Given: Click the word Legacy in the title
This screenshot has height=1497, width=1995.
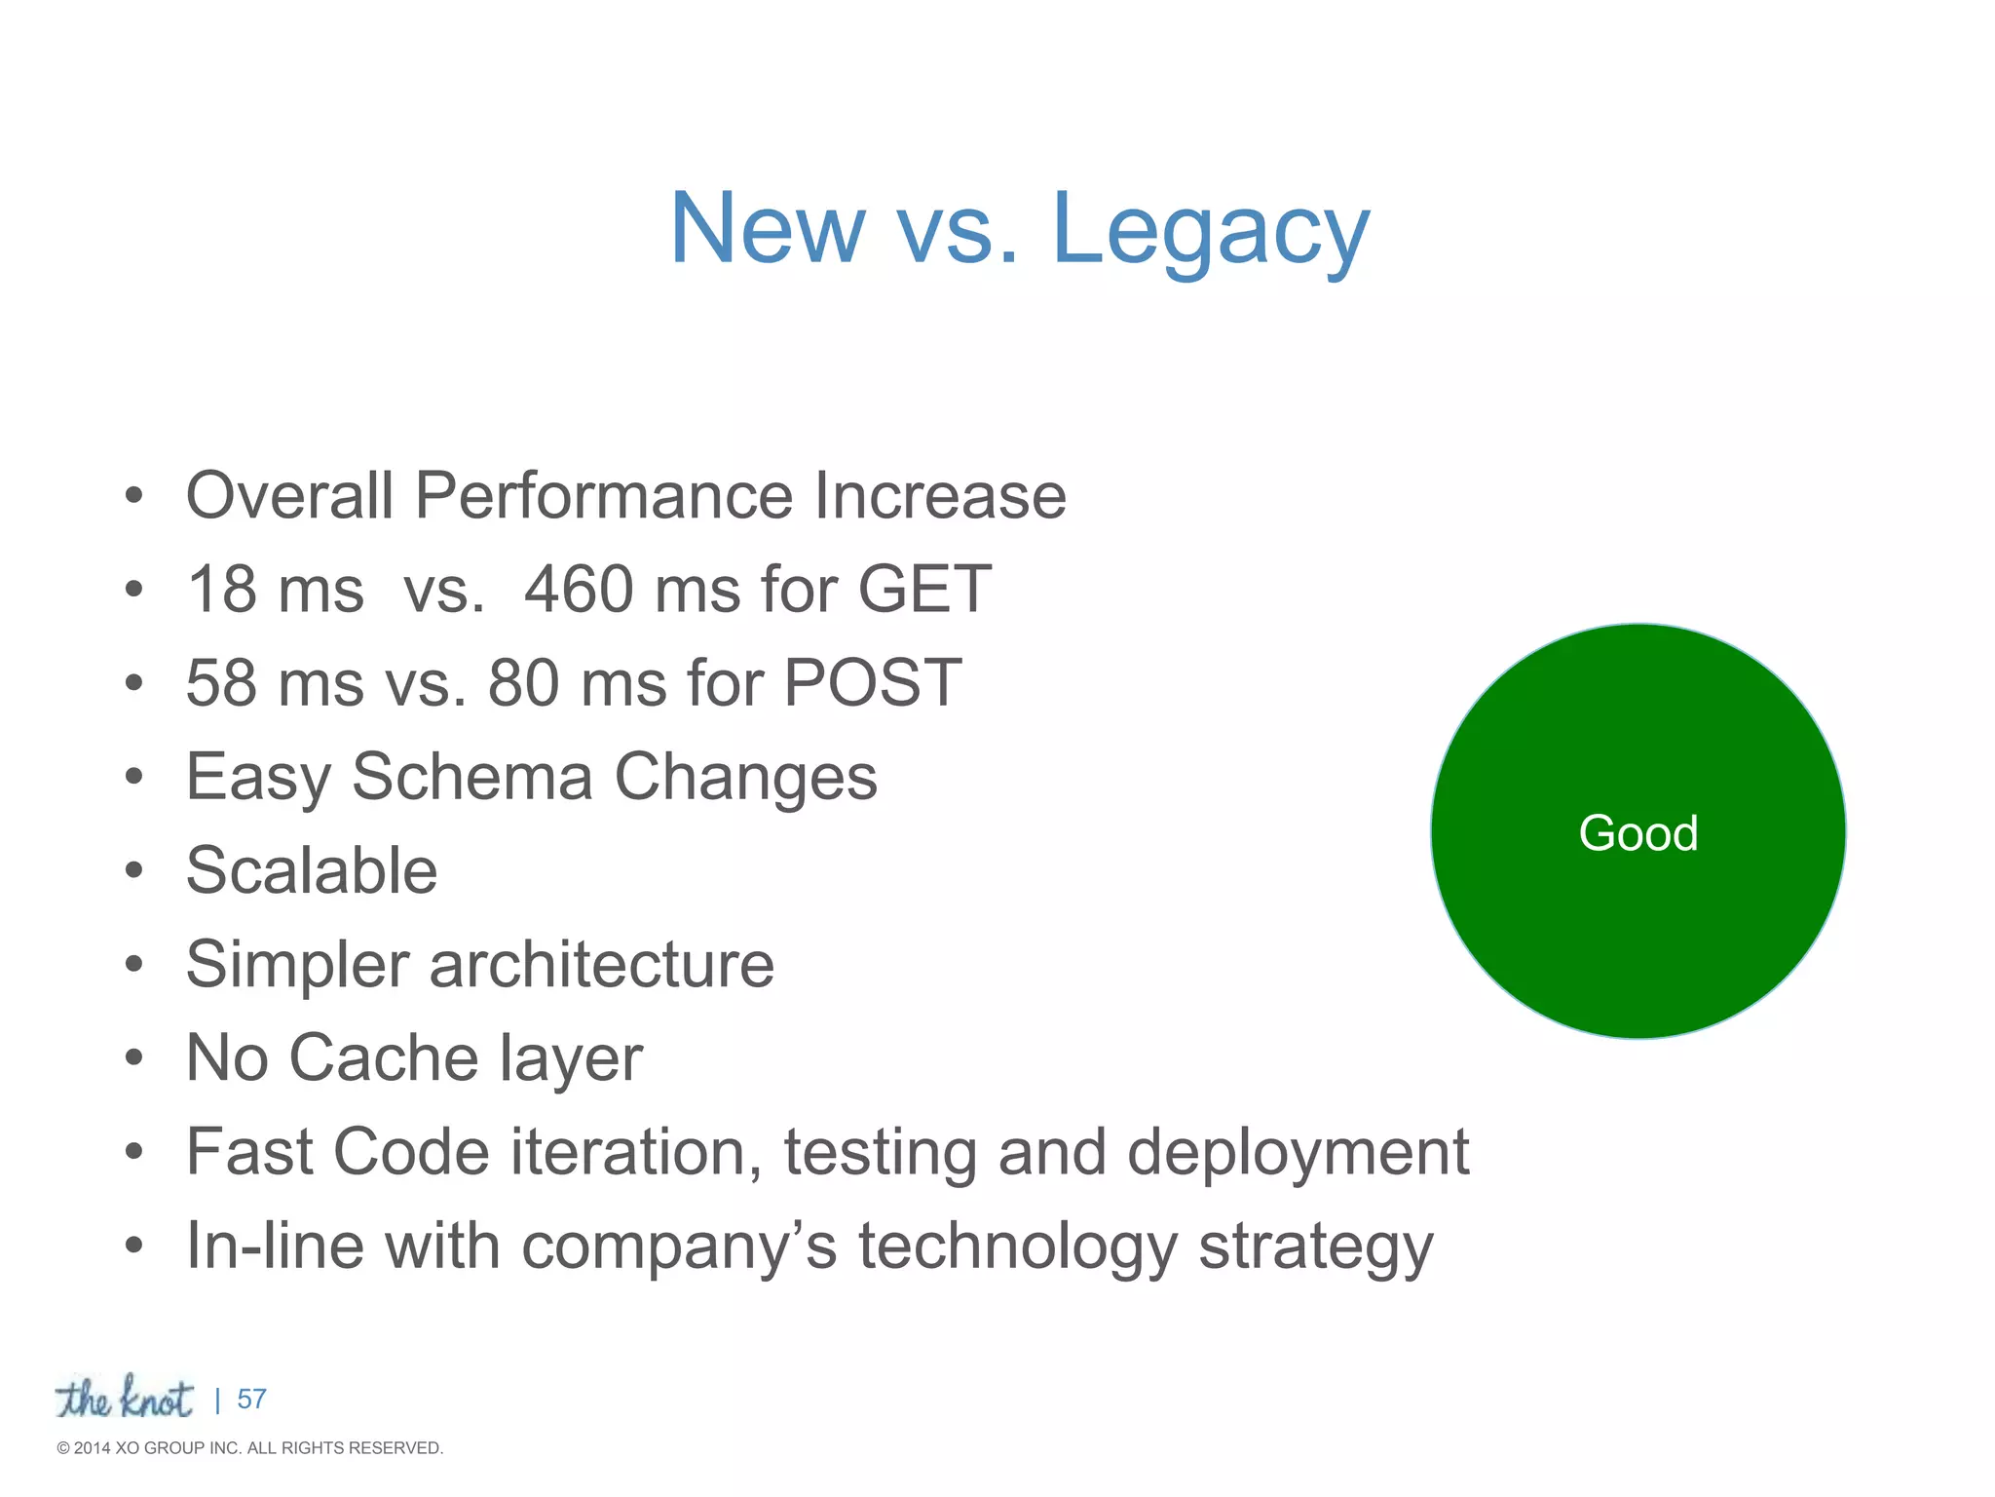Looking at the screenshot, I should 1210,230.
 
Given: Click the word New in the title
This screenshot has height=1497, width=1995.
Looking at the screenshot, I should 767,230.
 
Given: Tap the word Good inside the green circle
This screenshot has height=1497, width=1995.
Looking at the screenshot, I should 1638,833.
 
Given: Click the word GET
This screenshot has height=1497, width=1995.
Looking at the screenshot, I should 924,590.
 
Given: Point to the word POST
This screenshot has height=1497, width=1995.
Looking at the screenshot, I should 873,683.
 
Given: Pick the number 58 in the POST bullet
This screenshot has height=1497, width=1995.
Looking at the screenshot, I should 221,683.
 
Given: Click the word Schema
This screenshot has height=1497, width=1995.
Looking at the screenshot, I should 472,778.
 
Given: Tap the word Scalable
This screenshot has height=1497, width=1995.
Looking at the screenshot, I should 312,870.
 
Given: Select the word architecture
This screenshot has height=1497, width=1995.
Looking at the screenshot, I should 601,965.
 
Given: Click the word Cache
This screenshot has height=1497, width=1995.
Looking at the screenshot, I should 384,1058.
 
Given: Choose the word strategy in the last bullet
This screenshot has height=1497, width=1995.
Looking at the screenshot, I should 1315,1247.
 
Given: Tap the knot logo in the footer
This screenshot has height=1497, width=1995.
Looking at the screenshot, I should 124,1398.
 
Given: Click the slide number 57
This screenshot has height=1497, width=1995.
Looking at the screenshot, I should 251,1400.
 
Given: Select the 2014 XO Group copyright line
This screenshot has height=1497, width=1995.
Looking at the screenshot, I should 250,1448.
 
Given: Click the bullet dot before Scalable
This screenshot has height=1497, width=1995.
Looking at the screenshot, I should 134,870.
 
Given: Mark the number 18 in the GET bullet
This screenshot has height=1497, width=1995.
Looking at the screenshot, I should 221,590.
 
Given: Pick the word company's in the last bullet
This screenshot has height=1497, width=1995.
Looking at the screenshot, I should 679,1247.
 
